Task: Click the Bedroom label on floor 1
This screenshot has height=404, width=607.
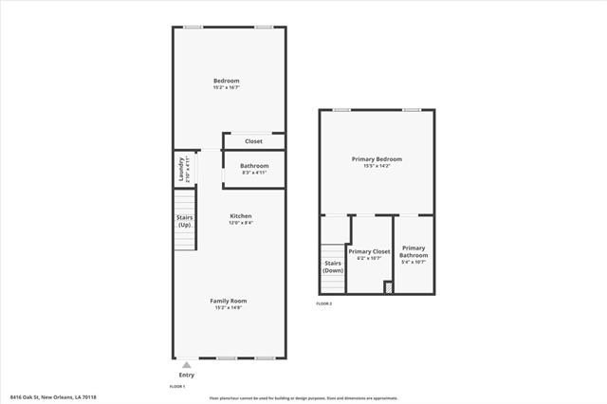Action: [x=227, y=81]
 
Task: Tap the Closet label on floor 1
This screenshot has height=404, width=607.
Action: [x=253, y=141]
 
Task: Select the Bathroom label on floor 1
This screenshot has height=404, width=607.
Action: [x=254, y=166]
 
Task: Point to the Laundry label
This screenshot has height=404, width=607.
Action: [x=181, y=170]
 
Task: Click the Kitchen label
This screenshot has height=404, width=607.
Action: [x=241, y=216]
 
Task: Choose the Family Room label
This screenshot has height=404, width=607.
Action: [x=229, y=301]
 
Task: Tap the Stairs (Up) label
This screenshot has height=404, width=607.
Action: [x=185, y=221]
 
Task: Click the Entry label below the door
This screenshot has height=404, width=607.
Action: [x=186, y=375]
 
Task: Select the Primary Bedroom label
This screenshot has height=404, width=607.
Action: [x=377, y=159]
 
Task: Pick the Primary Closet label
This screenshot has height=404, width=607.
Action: [x=369, y=251]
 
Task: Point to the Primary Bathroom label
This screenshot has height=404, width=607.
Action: [x=414, y=251]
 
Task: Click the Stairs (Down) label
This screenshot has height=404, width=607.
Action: [x=333, y=266]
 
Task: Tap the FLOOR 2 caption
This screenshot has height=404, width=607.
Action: [x=324, y=303]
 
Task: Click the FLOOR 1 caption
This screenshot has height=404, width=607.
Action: [x=177, y=387]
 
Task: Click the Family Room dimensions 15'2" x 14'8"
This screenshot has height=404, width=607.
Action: [x=229, y=307]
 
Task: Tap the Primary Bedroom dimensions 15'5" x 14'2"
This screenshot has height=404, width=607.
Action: [x=377, y=166]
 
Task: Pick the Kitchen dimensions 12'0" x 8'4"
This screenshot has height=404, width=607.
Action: [x=241, y=223]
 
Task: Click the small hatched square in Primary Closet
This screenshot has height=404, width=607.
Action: [x=388, y=287]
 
